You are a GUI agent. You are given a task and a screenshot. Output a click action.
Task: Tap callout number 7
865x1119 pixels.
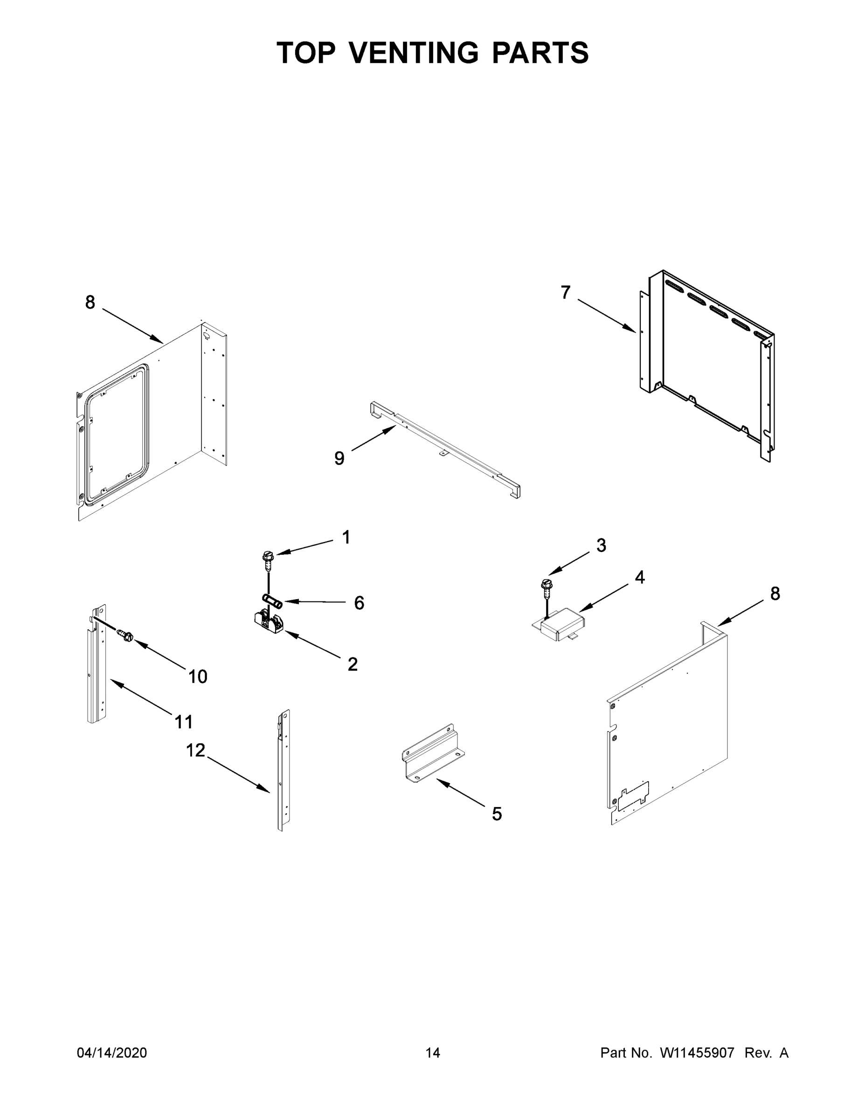(x=565, y=292)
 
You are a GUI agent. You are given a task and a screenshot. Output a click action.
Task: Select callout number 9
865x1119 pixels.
(x=339, y=458)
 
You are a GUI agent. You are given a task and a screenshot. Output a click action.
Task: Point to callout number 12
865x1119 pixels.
(x=195, y=751)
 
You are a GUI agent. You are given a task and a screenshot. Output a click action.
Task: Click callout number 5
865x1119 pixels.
(x=497, y=814)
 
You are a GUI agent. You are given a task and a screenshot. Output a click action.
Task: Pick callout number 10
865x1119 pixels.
(x=198, y=677)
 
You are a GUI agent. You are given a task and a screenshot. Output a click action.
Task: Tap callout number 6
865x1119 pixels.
(x=359, y=603)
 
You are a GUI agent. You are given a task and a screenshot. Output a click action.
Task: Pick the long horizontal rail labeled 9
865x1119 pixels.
(x=446, y=450)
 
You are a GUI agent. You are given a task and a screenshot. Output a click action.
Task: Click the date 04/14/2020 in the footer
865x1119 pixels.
(x=112, y=1052)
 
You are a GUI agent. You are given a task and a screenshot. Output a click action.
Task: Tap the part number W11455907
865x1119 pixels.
(x=697, y=1052)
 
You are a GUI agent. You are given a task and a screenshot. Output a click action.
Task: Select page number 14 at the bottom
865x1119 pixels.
(x=433, y=1052)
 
